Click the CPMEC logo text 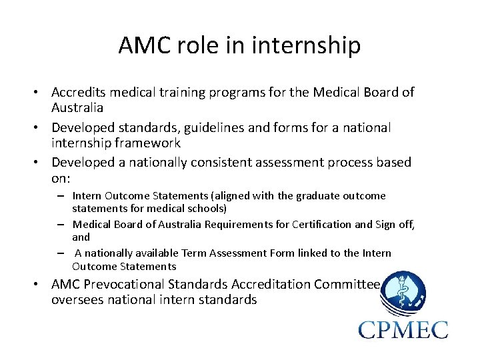point(403,329)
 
